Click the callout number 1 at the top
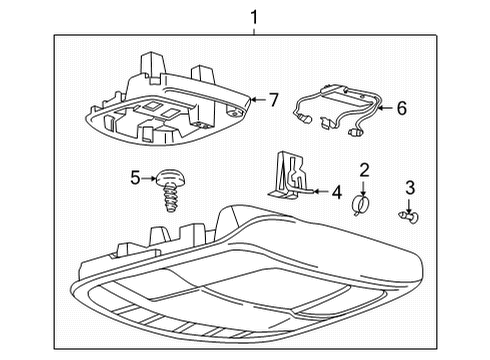pyautogui.click(x=253, y=17)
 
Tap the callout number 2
pyautogui.click(x=365, y=170)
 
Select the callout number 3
pyautogui.click(x=409, y=187)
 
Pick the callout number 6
pyautogui.click(x=401, y=107)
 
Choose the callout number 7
pyautogui.click(x=273, y=100)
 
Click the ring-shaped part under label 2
pyautogui.click(x=361, y=207)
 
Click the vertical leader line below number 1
pyautogui.click(x=253, y=32)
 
